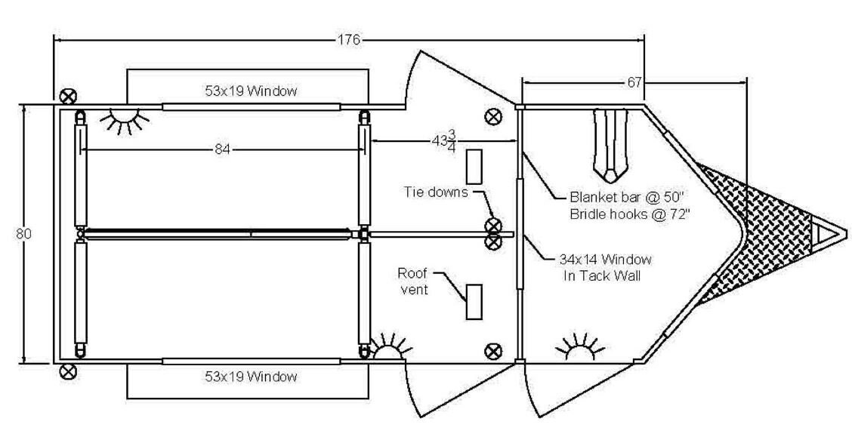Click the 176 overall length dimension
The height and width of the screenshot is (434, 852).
(x=348, y=40)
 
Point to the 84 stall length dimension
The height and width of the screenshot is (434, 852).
(x=222, y=149)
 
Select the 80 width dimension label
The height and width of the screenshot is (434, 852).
(x=23, y=234)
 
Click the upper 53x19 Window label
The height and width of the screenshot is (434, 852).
(x=250, y=91)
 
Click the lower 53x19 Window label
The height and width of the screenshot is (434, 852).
(x=250, y=376)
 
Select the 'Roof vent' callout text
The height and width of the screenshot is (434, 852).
(x=414, y=281)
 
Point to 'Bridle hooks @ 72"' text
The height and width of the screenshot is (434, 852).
(x=628, y=214)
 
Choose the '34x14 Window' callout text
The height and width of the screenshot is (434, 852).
(x=607, y=260)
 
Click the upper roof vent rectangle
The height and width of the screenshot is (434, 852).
(x=474, y=166)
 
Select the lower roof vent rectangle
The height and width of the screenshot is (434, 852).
(x=474, y=302)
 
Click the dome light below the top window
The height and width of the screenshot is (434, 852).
(x=129, y=118)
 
